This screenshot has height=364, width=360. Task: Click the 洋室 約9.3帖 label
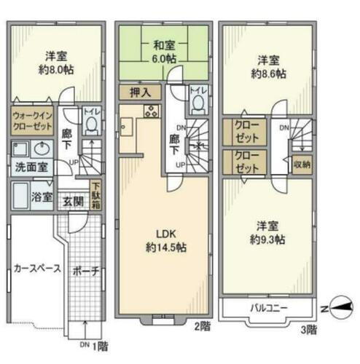click(x=269, y=232)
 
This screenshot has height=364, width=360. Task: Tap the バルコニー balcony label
click(x=269, y=308)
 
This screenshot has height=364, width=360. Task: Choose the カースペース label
click(x=36, y=269)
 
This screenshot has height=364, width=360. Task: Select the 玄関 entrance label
click(x=72, y=202)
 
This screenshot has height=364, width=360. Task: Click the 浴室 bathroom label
click(x=42, y=197)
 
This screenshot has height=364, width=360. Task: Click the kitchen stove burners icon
click(x=152, y=112)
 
